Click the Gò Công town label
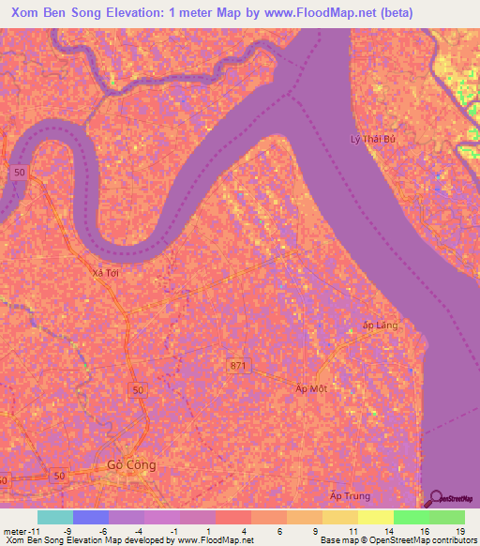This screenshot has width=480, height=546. (x=131, y=464)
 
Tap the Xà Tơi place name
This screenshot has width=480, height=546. (x=106, y=272)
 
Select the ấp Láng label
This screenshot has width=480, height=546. (x=381, y=325)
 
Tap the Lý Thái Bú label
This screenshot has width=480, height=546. (x=368, y=140)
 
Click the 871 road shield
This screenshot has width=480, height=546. (x=240, y=364)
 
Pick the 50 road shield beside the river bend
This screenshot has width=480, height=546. (x=20, y=173)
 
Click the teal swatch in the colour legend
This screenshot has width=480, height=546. (x=55, y=517)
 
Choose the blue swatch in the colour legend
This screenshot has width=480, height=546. (x=91, y=517)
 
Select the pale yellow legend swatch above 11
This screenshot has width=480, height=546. (x=339, y=517)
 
